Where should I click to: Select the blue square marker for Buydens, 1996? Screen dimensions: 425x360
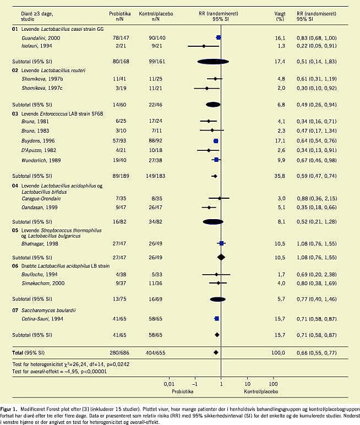point(216,141)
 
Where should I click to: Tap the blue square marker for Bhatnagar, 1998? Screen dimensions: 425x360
point(221,243)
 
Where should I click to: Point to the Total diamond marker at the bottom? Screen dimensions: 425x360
point(216,352)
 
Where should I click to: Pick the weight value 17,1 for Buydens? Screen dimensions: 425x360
point(279,141)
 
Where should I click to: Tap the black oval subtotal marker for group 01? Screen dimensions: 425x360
point(213,61)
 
